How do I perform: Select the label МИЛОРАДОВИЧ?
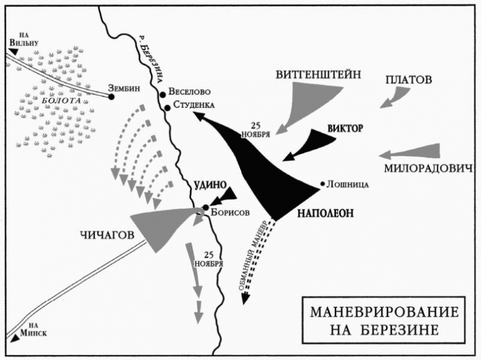[x=428, y=168]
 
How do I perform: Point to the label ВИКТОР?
[x=345, y=129]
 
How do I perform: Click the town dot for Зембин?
[x=111, y=96]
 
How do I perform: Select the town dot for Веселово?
[x=163, y=94]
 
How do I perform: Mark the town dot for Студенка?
[x=167, y=107]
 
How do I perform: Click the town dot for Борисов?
[x=206, y=208]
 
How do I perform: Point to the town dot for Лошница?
[x=322, y=183]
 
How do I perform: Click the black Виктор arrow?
[x=312, y=144]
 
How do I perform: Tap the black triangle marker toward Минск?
[x=15, y=337]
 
